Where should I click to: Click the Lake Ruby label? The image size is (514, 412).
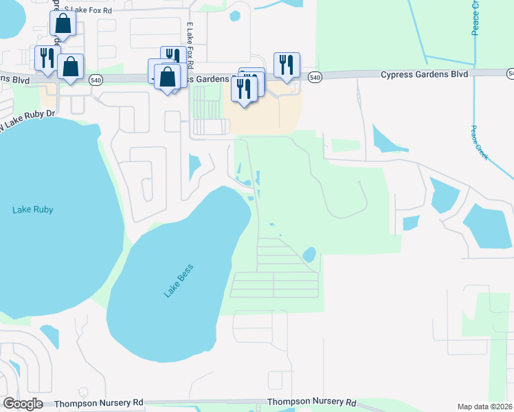tap(32, 209)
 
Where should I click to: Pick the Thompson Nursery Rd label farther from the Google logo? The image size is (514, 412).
tap(312, 402)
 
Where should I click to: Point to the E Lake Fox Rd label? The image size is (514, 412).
tap(189, 45)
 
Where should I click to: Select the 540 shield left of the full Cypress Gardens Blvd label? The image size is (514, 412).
tap(314, 78)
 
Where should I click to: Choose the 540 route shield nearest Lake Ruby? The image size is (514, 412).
tap(96, 78)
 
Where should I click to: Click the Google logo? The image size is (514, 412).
tap(23, 403)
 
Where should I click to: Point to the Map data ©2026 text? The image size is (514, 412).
tap(484, 407)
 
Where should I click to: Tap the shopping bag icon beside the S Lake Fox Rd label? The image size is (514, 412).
tap(63, 23)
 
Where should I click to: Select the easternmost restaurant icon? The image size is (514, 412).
tap(287, 65)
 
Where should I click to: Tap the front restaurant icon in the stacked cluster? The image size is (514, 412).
tap(244, 88)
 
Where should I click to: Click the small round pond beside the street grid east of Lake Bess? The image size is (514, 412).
tap(309, 255)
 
